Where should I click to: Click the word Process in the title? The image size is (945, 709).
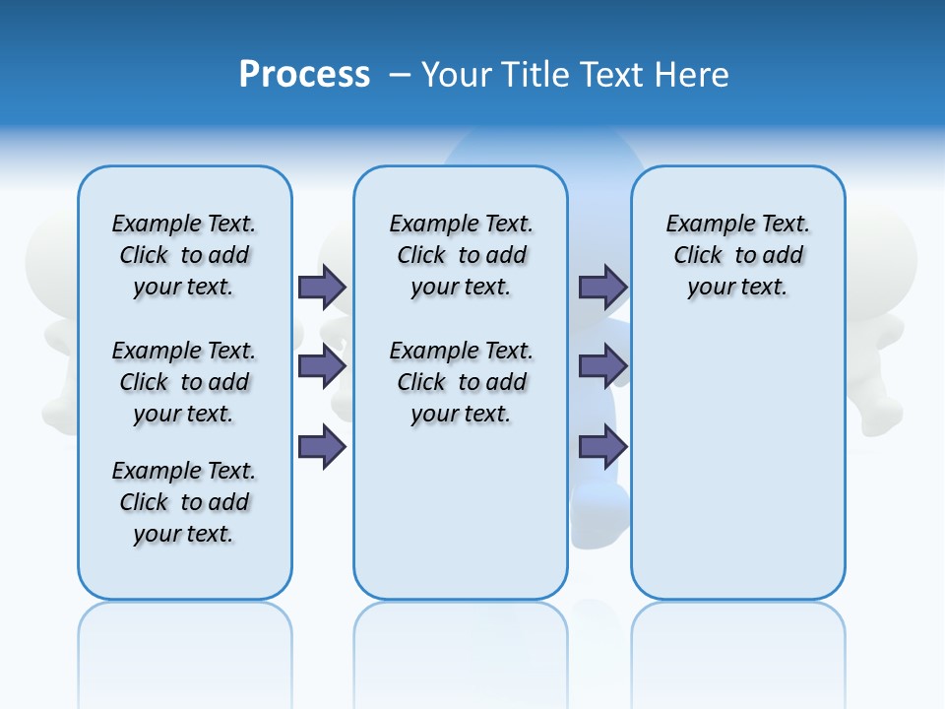click(x=304, y=75)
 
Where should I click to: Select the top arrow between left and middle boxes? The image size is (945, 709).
click(x=322, y=287)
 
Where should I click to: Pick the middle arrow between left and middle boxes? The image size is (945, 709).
click(x=322, y=366)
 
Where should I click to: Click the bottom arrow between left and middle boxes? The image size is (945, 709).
click(x=322, y=447)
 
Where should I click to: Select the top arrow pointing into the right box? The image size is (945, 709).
click(x=602, y=287)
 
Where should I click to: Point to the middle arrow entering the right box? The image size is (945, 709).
click(x=602, y=366)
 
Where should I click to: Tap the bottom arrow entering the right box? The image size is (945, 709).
click(x=602, y=447)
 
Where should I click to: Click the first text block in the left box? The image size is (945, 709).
click(x=184, y=255)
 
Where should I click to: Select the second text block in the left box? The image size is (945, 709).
click(x=184, y=382)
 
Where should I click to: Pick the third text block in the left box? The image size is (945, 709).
click(x=184, y=502)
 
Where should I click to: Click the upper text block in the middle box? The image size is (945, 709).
click(x=461, y=255)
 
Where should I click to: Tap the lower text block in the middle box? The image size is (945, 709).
click(x=461, y=382)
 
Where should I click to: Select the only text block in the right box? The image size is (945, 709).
click(x=737, y=255)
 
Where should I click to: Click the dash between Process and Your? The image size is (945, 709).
click(x=400, y=75)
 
